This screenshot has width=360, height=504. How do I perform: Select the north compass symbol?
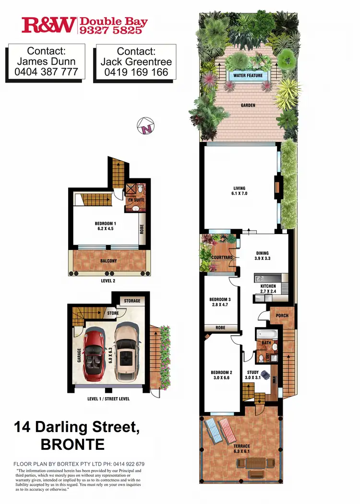[x=146, y=126]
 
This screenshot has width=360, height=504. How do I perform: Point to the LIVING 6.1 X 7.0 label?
[x=240, y=191]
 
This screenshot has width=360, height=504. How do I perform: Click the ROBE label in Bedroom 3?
[x=221, y=328]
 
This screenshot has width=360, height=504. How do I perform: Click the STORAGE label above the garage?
[x=132, y=301]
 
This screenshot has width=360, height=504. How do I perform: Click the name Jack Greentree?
[x=136, y=62]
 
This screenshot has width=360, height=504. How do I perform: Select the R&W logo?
[x=48, y=25]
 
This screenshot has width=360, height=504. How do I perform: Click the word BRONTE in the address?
[x=72, y=444]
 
